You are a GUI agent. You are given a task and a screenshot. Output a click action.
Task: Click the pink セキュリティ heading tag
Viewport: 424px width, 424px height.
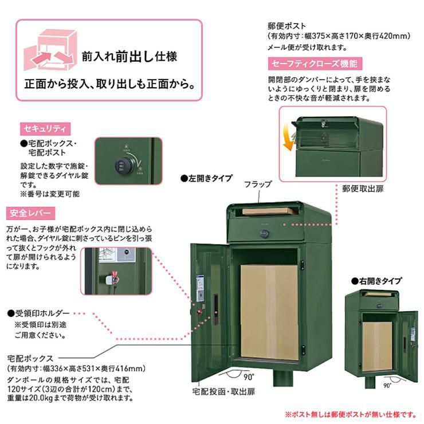(45, 129)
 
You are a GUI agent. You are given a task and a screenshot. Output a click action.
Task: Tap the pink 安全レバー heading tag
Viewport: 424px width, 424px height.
(30, 213)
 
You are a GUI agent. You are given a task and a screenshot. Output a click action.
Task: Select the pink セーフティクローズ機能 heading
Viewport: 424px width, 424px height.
(315, 64)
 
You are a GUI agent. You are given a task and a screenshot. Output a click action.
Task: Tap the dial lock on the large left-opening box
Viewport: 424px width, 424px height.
(265, 234)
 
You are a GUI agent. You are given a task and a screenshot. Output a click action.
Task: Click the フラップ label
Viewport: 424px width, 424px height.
(258, 184)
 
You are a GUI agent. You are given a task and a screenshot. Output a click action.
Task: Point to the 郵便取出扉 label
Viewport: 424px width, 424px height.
(363, 189)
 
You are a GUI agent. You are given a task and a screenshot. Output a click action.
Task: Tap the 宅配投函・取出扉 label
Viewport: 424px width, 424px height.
(223, 391)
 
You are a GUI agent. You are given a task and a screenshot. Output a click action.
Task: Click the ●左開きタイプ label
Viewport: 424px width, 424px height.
(206, 178)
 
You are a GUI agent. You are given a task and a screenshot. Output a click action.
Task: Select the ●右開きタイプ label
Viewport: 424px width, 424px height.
(376, 281)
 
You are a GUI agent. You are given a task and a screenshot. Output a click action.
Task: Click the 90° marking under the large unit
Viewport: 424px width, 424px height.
(249, 376)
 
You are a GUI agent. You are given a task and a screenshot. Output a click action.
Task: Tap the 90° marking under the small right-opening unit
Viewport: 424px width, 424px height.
(387, 386)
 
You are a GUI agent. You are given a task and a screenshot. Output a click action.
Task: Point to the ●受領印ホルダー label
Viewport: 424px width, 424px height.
(38, 313)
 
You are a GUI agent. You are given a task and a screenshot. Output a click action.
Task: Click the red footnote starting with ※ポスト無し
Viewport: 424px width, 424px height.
(351, 414)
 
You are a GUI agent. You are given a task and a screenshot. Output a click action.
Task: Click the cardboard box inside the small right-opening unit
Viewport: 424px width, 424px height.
(377, 347)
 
